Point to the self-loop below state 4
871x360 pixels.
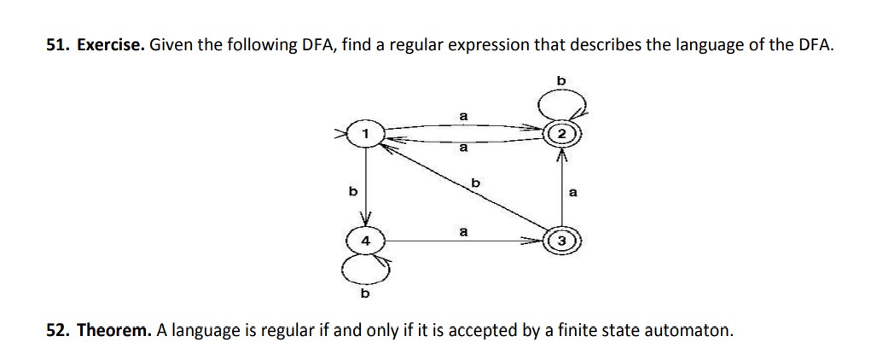click(365, 270)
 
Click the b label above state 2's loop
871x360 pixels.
click(560, 79)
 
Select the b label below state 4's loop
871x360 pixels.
click(366, 294)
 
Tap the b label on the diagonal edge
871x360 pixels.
click(476, 183)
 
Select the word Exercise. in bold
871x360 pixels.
click(111, 45)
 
